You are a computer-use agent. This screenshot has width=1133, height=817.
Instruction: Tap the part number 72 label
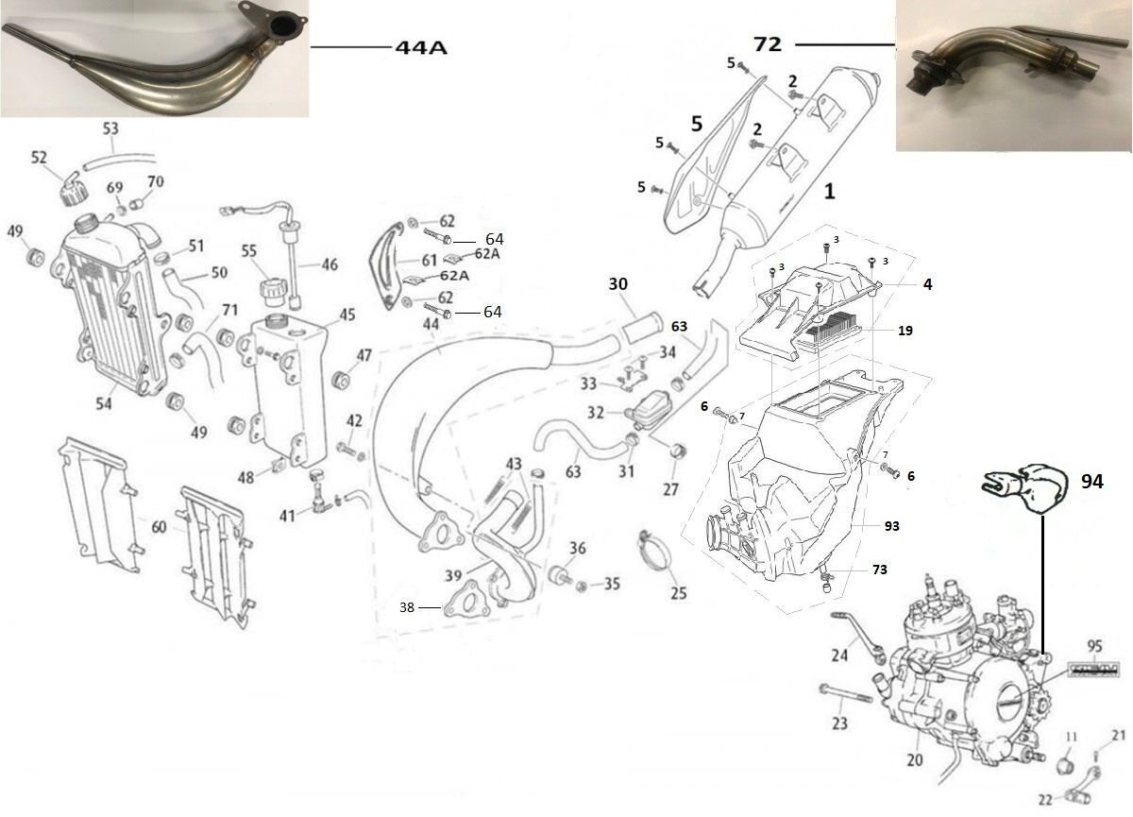click(x=767, y=43)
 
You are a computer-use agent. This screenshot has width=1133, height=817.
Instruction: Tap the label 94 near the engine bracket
click(x=1092, y=483)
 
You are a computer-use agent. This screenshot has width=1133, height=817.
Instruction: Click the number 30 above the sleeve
click(x=618, y=283)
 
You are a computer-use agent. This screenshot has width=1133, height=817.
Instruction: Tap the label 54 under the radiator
click(x=103, y=404)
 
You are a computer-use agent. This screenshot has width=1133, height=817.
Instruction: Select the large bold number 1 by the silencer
click(x=829, y=192)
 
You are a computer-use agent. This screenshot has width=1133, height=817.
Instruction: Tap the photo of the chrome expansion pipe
click(x=154, y=59)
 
